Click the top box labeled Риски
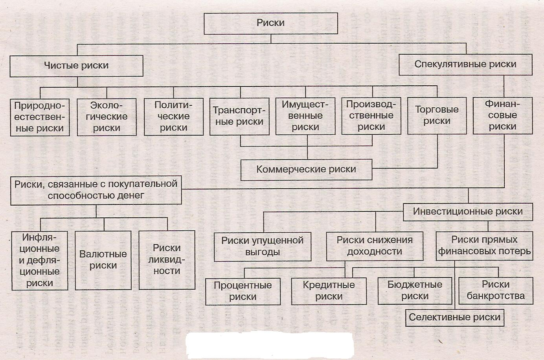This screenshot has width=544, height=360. [x=270, y=23]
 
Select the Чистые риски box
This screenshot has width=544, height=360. [x=76, y=66]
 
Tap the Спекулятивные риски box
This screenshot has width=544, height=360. [x=465, y=64]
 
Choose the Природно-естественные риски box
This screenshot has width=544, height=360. [x=39, y=117]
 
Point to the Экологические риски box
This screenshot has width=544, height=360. [x=107, y=117]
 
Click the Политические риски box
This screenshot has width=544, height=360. [x=173, y=116]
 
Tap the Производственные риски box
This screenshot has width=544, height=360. [x=371, y=116]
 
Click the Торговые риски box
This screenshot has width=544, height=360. [x=437, y=115]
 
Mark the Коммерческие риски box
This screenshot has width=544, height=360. [x=306, y=169]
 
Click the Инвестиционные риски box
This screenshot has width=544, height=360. [x=468, y=211]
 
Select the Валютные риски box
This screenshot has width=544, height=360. [x=103, y=260]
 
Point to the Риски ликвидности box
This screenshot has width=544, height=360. [x=167, y=259]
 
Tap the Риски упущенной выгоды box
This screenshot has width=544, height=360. [x=262, y=246]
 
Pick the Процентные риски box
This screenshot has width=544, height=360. [x=243, y=291]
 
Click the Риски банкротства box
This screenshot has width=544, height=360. [x=496, y=290]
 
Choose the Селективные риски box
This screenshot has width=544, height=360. [x=454, y=317]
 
